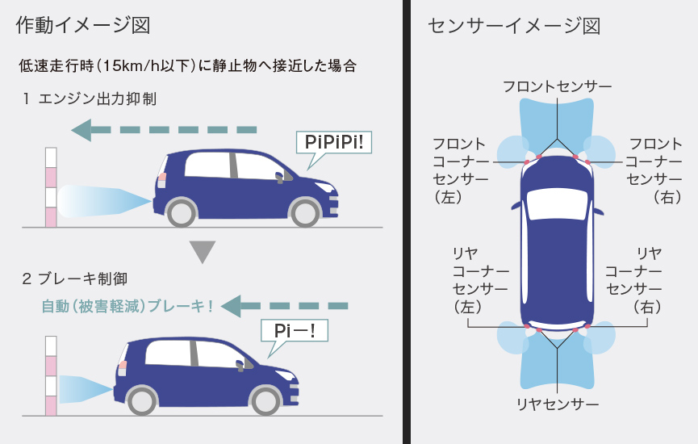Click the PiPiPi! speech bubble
(x=334, y=142)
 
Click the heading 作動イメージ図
(x=83, y=25)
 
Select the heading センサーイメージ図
(x=514, y=26)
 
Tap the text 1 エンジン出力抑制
(x=90, y=98)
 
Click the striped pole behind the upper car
(x=51, y=187)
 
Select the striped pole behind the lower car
(x=51, y=376)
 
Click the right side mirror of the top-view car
(x=598, y=212)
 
